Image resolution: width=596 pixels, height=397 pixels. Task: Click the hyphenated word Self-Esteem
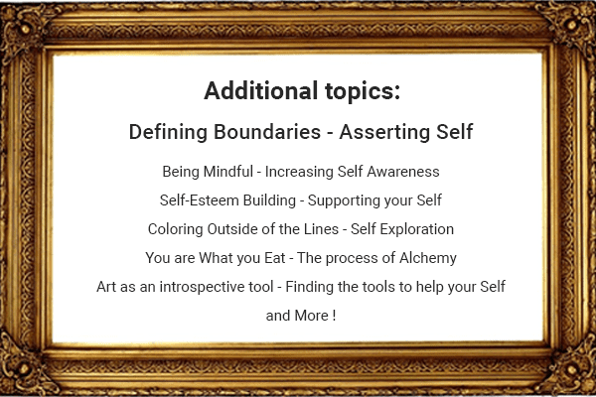pyautogui.click(x=197, y=200)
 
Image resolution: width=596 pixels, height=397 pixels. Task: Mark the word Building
pyautogui.click(x=266, y=200)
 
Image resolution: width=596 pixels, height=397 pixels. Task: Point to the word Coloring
pyautogui.click(x=176, y=229)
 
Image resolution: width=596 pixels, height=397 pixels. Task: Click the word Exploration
pyautogui.click(x=415, y=229)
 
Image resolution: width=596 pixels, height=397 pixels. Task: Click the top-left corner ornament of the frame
pyautogui.click(x=20, y=20)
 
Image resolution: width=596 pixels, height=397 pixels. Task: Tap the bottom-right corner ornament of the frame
pyautogui.click(x=576, y=377)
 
